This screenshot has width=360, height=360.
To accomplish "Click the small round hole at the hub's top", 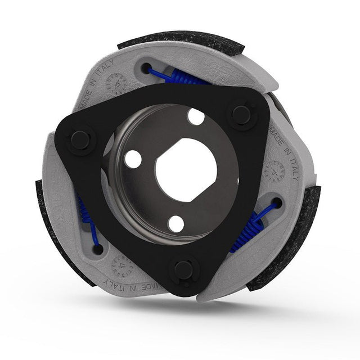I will (x=196, y=117).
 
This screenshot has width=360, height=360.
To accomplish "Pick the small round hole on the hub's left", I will (x=133, y=159).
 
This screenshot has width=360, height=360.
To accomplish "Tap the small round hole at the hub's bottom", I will (x=176, y=224).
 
